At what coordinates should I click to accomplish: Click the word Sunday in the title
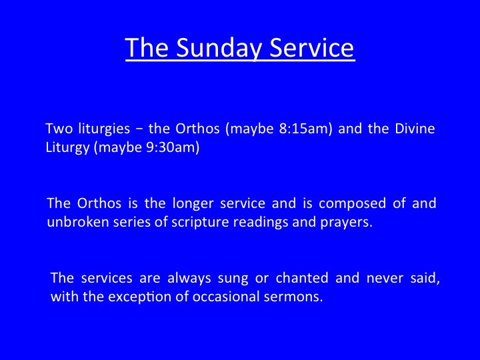pyautogui.click(x=219, y=48)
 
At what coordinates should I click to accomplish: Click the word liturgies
pyautogui.click(x=104, y=129)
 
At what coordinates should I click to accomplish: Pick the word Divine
pyautogui.click(x=415, y=128)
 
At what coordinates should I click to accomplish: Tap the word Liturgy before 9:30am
pyautogui.click(x=67, y=148)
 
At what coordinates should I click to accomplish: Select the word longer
pyautogui.click(x=193, y=204)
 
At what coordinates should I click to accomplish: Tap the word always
pyautogui.click(x=189, y=279)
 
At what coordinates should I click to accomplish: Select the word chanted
pyautogui.click(x=302, y=278)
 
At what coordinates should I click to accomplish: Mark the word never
pyautogui.click(x=385, y=279)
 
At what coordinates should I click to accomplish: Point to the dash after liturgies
pyautogui.click(x=139, y=129)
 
